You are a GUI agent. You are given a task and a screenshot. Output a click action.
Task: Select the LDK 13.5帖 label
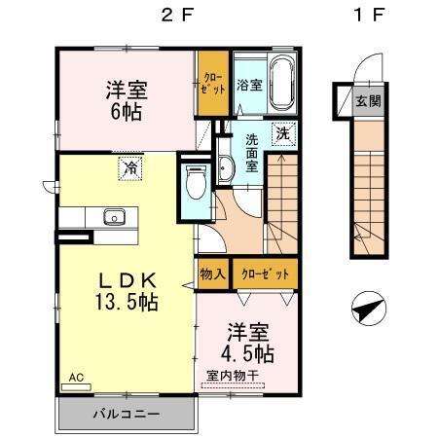pos(126,289)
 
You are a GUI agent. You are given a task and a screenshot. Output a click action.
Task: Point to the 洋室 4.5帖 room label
pos(245,341)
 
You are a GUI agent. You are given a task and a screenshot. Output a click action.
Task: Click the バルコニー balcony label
pos(127,413)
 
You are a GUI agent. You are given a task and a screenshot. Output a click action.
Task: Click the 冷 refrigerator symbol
pos(128,167)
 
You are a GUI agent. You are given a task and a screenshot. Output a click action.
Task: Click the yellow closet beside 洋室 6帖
pos(211,84)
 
